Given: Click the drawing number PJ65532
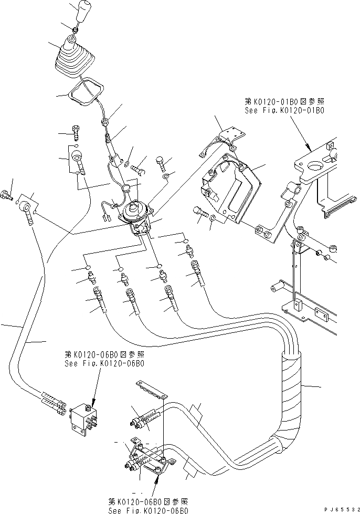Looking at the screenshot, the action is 342,509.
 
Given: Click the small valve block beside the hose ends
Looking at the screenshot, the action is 84,419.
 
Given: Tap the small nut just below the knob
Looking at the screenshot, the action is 76,30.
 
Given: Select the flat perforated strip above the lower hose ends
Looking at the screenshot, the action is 150,389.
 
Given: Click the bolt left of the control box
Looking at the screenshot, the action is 201,209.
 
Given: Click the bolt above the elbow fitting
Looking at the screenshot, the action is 76,131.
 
